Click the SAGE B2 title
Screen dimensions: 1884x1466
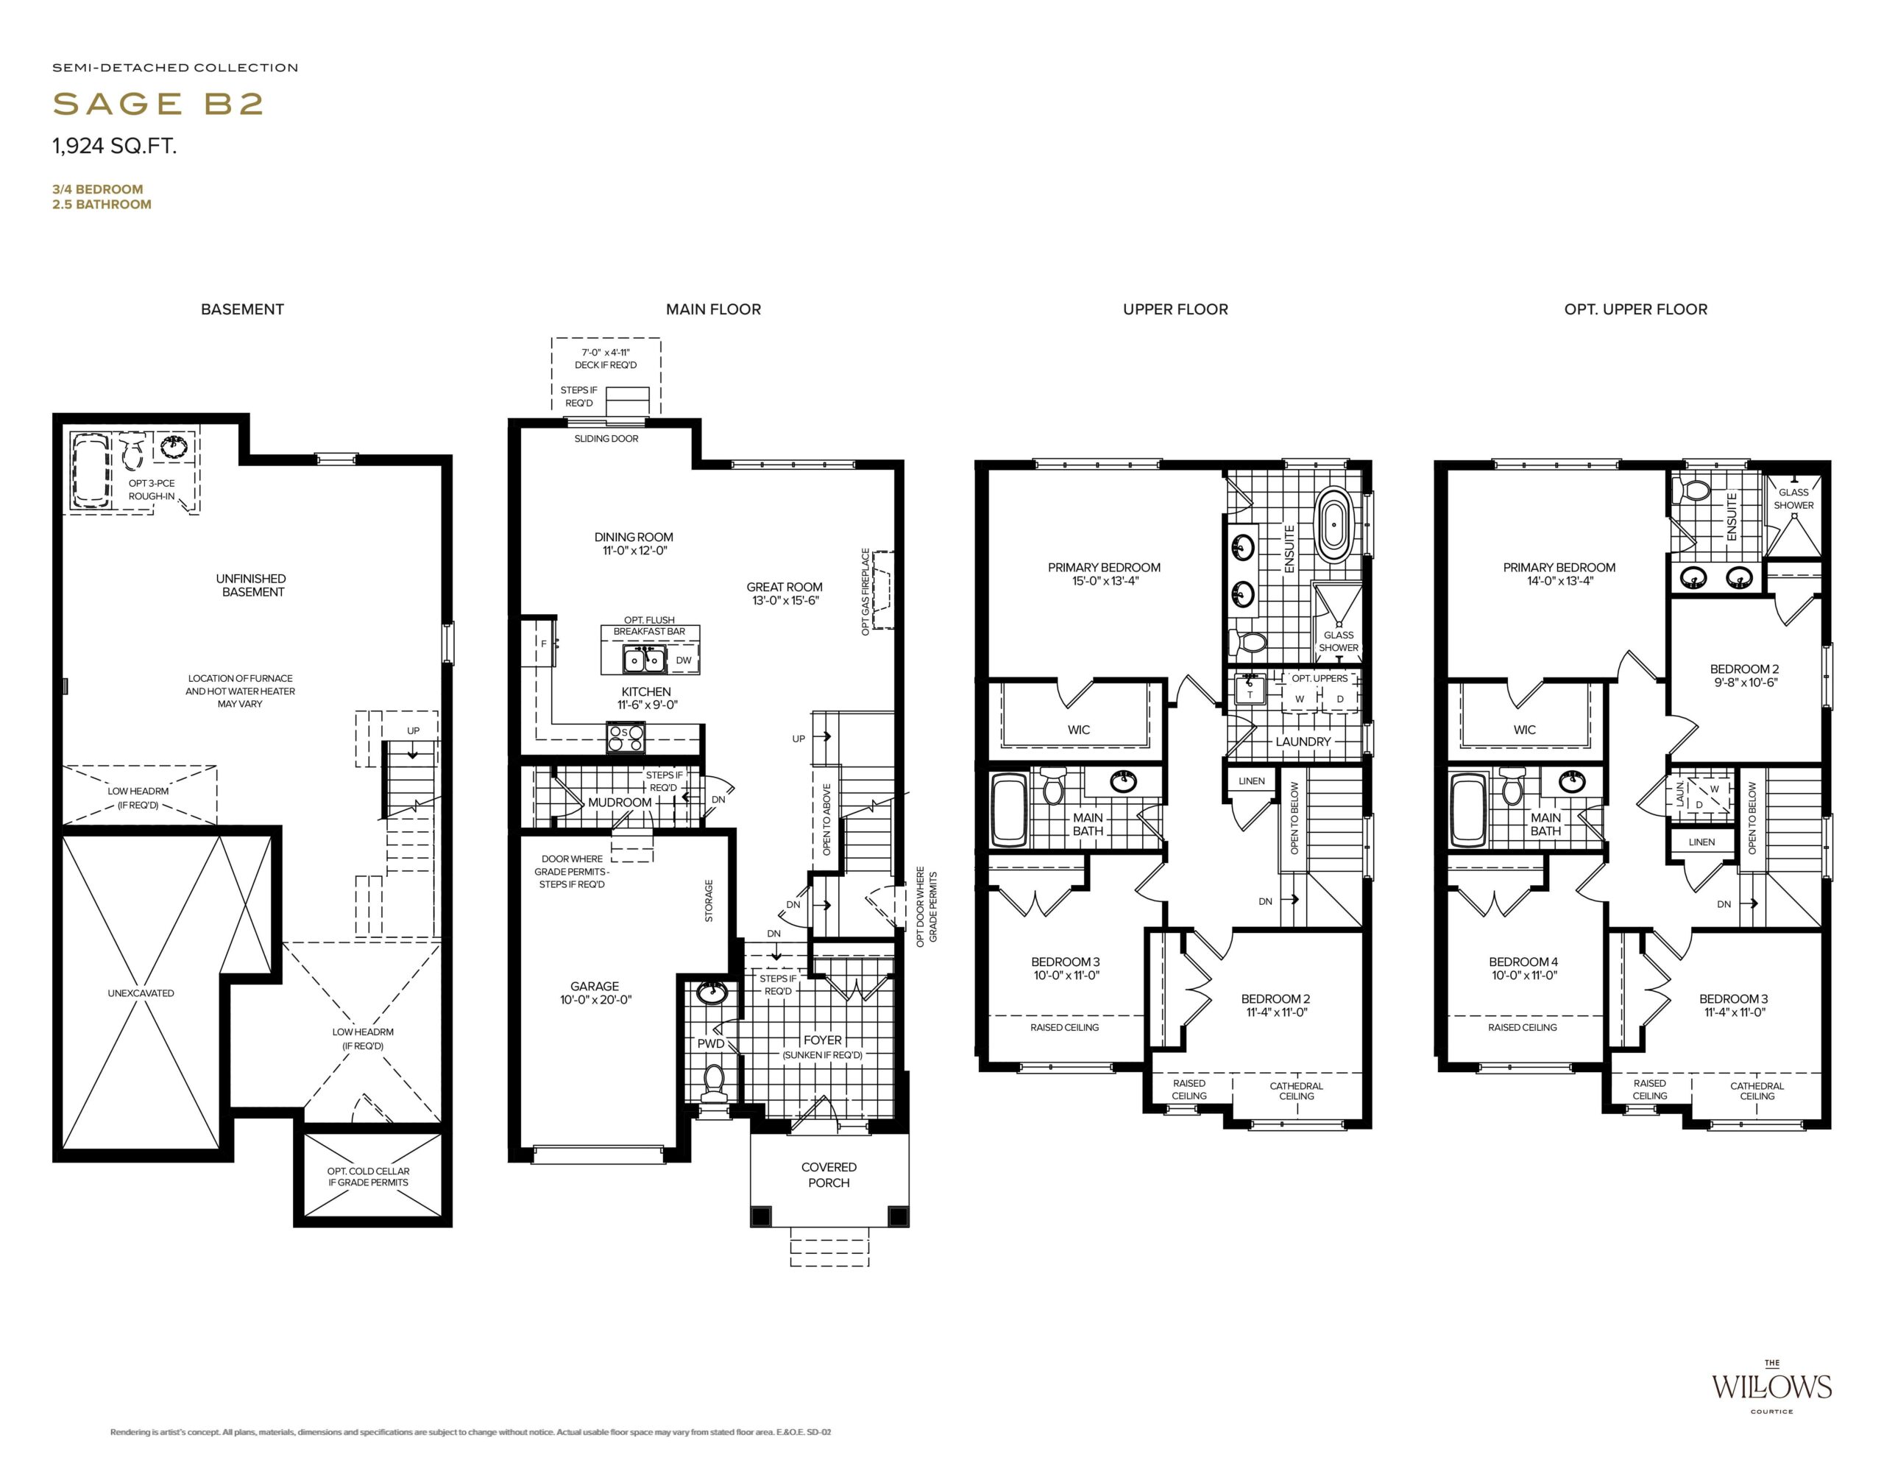tap(158, 104)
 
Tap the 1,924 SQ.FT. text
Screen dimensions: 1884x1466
tap(115, 146)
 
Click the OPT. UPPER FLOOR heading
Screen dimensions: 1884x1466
tap(1635, 309)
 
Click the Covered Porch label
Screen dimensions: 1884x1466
tap(829, 1174)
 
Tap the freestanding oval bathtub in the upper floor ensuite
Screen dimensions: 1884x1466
tap(1334, 521)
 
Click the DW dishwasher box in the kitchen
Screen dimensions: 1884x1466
tap(683, 660)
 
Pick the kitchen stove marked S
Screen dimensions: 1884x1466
tap(626, 738)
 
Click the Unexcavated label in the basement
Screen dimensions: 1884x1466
tap(141, 993)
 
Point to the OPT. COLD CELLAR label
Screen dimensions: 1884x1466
tap(369, 1171)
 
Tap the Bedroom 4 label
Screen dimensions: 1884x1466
tap(1523, 961)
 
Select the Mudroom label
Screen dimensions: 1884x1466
tap(620, 803)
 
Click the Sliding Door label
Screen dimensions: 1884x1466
tap(606, 438)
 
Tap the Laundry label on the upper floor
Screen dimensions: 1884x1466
tap(1303, 741)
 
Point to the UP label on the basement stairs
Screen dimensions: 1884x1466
tap(413, 731)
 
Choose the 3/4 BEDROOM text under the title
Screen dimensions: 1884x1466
tap(97, 189)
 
